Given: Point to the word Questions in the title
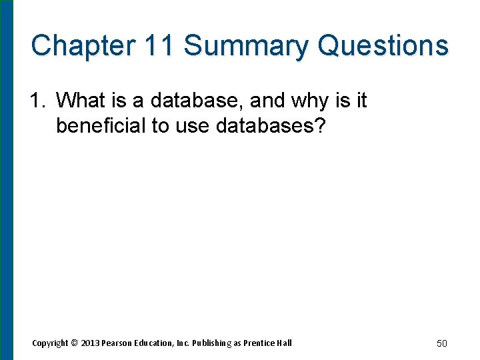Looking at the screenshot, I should (x=383, y=45).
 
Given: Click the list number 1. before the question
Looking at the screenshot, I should (x=38, y=101).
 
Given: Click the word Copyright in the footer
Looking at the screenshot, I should (x=50, y=343).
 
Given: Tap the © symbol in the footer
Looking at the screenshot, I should (x=75, y=343).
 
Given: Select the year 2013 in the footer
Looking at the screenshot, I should (x=90, y=343).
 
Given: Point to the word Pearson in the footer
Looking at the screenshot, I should (x=119, y=343).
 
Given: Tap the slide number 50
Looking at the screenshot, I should (x=441, y=343).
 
